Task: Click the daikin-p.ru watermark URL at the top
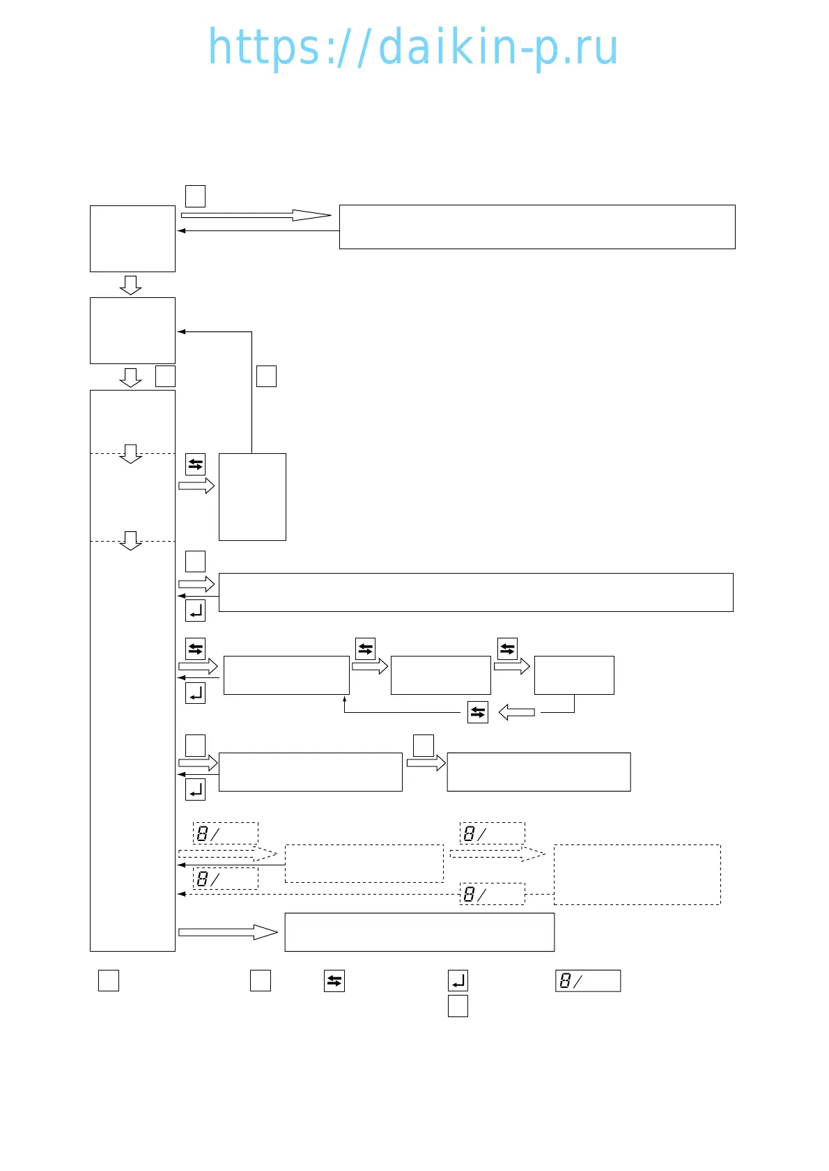click(413, 47)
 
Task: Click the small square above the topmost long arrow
click(195, 196)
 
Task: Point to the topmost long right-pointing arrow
click(256, 215)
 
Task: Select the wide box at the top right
click(536, 227)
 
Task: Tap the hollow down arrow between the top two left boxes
click(130, 285)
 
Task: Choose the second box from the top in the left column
click(132, 331)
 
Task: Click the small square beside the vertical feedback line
click(266, 376)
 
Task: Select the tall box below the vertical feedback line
click(252, 497)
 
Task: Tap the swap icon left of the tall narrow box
click(195, 464)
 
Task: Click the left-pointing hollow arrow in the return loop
click(517, 712)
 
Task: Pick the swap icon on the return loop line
click(478, 712)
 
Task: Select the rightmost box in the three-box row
click(574, 675)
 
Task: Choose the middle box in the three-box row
click(440, 675)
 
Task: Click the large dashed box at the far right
click(637, 874)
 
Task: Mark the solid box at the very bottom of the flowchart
click(419, 932)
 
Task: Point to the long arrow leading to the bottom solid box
click(228, 932)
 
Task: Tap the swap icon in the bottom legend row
click(334, 981)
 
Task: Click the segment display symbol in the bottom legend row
click(587, 981)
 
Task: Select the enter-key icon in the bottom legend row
click(458, 981)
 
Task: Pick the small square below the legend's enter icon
click(458, 1006)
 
